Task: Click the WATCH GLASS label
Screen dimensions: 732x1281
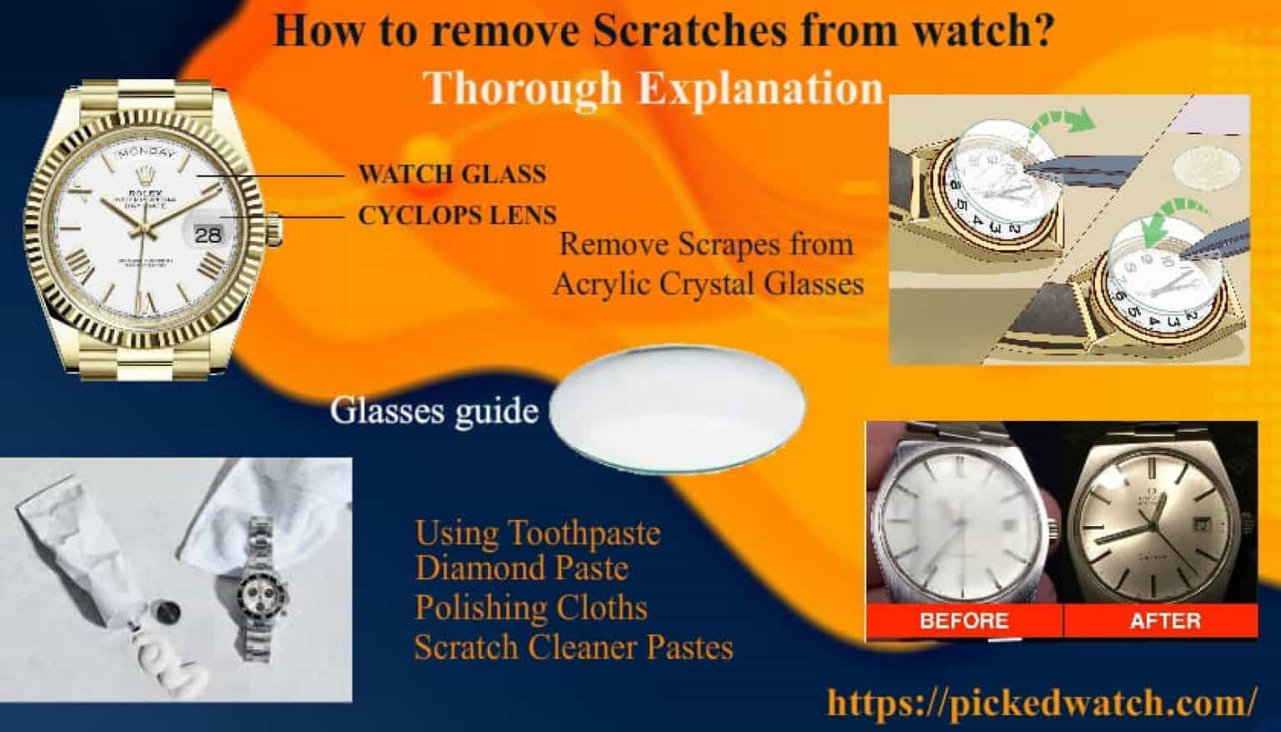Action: click(451, 174)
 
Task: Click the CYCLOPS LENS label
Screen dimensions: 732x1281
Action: click(457, 216)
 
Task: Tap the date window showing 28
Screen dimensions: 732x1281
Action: click(208, 234)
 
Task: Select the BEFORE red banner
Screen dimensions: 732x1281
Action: click(963, 620)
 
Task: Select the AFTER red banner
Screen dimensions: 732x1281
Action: click(1164, 620)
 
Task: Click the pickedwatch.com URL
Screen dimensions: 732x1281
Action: click(1040, 702)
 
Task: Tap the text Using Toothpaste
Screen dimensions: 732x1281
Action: click(537, 533)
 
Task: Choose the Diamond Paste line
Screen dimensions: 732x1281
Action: click(521, 569)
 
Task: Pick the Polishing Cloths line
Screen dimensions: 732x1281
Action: click(530, 608)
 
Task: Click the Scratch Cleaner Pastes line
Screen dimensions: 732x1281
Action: click(574, 647)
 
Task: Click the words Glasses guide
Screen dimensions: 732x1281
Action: click(434, 411)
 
